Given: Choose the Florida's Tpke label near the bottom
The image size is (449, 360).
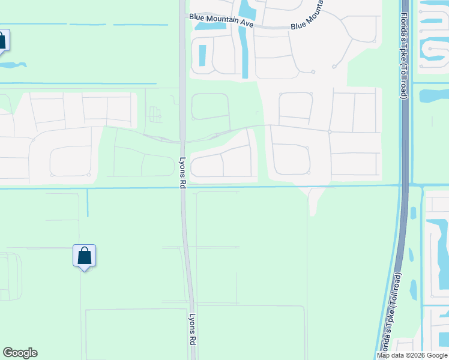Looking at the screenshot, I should pyautogui.click(x=391, y=311).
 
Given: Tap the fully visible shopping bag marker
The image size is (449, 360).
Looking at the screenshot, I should pyautogui.click(x=85, y=256).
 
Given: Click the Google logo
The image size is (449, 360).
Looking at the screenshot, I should pyautogui.click(x=20, y=353).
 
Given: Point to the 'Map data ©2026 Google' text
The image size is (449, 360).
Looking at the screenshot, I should pyautogui.click(x=412, y=356).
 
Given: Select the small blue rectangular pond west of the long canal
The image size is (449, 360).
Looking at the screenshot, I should pyautogui.click(x=202, y=56).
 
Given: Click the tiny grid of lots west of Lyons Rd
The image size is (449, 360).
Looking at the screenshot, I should pyautogui.click(x=155, y=114).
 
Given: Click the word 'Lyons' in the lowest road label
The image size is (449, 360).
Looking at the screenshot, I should pyautogui.click(x=193, y=326).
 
